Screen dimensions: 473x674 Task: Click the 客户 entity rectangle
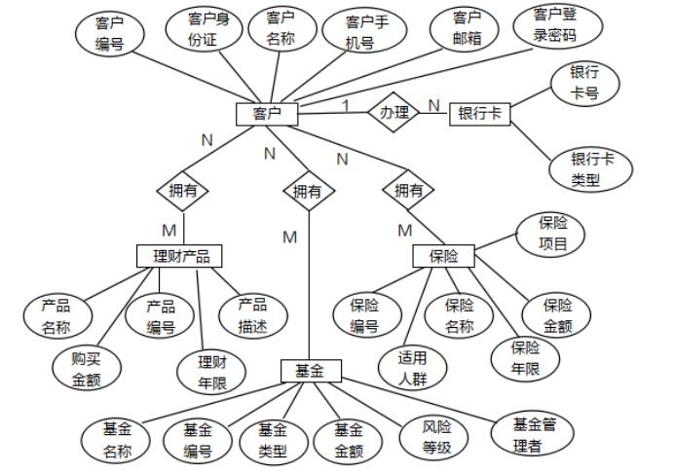pyautogui.click(x=267, y=114)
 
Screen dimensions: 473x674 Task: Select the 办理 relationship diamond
pyautogui.click(x=393, y=113)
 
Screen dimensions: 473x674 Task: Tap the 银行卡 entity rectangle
pyautogui.click(x=479, y=114)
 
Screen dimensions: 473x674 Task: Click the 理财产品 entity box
pyautogui.click(x=180, y=256)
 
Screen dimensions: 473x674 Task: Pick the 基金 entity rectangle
pyautogui.click(x=310, y=370)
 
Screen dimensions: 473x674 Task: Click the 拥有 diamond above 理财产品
pyautogui.click(x=182, y=191)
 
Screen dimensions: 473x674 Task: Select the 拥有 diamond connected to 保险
pyautogui.click(x=408, y=191)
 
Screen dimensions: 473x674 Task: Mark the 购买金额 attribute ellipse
pyautogui.click(x=87, y=369)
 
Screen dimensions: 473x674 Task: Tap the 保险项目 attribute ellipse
pyautogui.click(x=552, y=234)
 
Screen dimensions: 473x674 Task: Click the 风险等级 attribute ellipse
pyautogui.click(x=436, y=438)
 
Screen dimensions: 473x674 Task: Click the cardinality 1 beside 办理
pyautogui.click(x=345, y=104)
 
